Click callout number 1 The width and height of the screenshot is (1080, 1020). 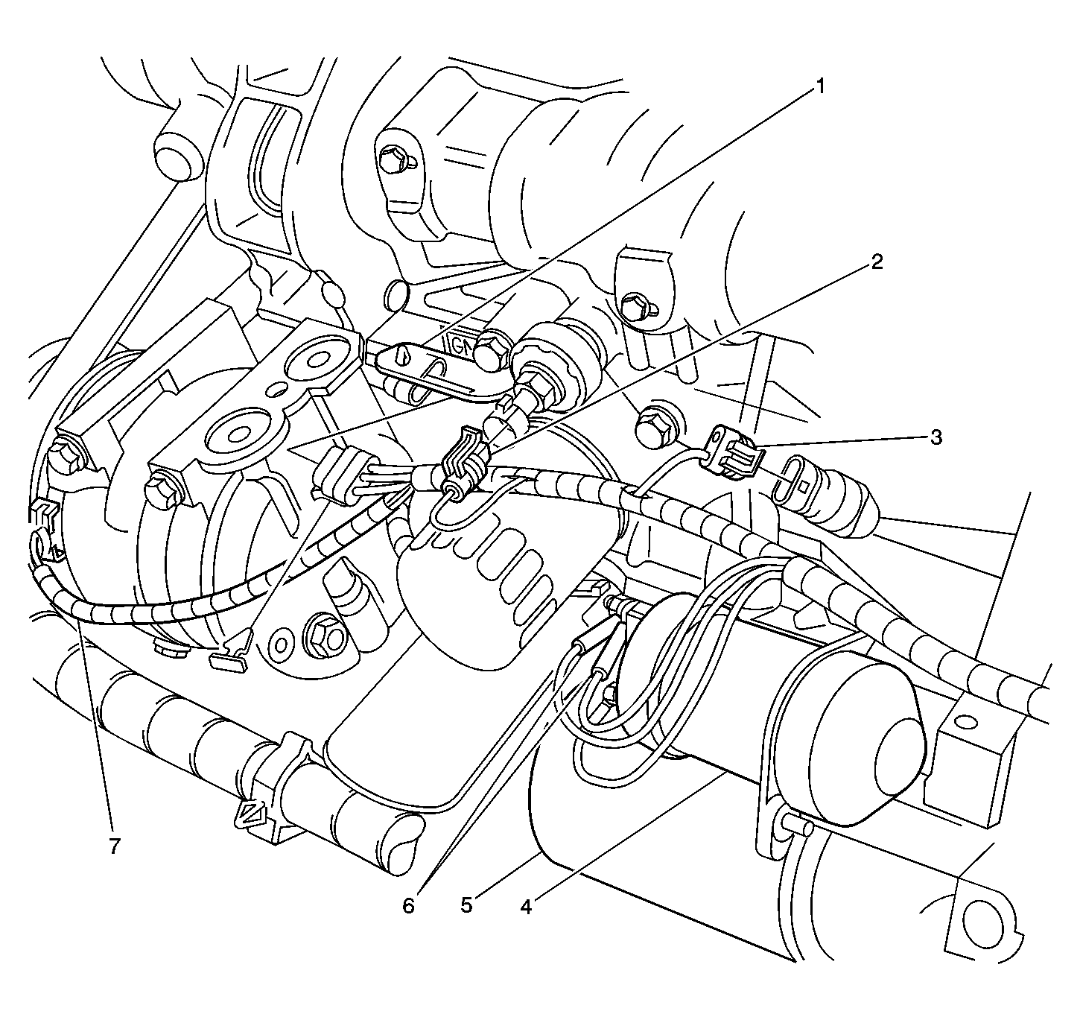(x=819, y=86)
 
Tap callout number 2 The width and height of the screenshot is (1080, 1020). (x=876, y=262)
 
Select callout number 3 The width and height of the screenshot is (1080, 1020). (x=936, y=437)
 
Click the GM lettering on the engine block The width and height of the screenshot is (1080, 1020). (x=462, y=346)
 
